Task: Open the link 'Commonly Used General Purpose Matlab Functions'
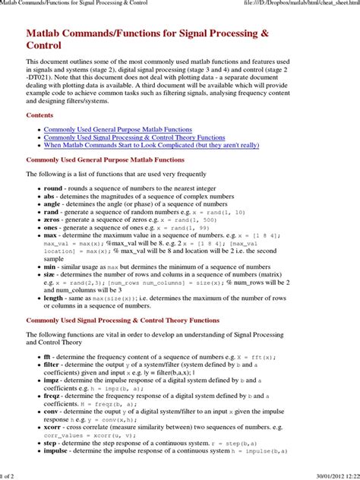118,131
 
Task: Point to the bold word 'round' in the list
53,188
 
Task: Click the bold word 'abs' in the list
50,196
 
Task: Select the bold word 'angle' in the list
53,204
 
